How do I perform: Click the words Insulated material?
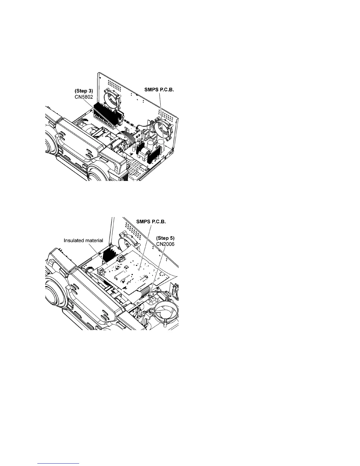[84, 240]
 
